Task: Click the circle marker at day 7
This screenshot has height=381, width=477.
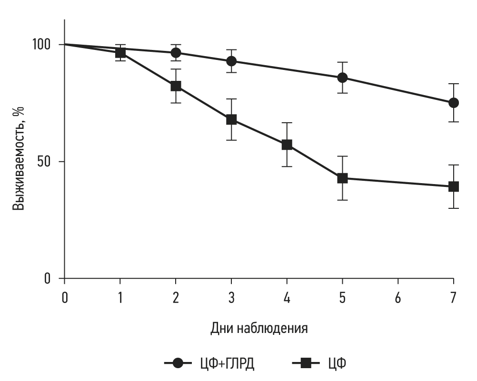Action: tap(453, 103)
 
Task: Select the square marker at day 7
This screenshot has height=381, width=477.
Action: tap(453, 186)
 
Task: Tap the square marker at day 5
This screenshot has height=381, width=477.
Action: tap(342, 178)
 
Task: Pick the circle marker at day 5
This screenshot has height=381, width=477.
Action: tap(342, 78)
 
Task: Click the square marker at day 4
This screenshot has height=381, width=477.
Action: tap(287, 145)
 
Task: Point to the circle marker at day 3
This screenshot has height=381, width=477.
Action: tap(231, 61)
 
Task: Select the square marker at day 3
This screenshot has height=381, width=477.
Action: tap(231, 119)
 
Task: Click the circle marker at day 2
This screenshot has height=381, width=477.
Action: tap(176, 52)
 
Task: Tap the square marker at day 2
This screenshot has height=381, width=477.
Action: tap(176, 86)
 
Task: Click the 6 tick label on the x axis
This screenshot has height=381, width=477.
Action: tap(398, 298)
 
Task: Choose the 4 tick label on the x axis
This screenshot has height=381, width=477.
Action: tap(287, 298)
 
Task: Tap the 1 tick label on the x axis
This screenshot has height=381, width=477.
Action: tap(120, 298)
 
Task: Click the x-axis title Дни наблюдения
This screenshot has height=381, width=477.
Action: tap(259, 328)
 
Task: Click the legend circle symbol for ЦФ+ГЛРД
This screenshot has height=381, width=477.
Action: tap(178, 364)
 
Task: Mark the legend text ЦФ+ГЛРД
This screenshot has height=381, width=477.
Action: tap(227, 364)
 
